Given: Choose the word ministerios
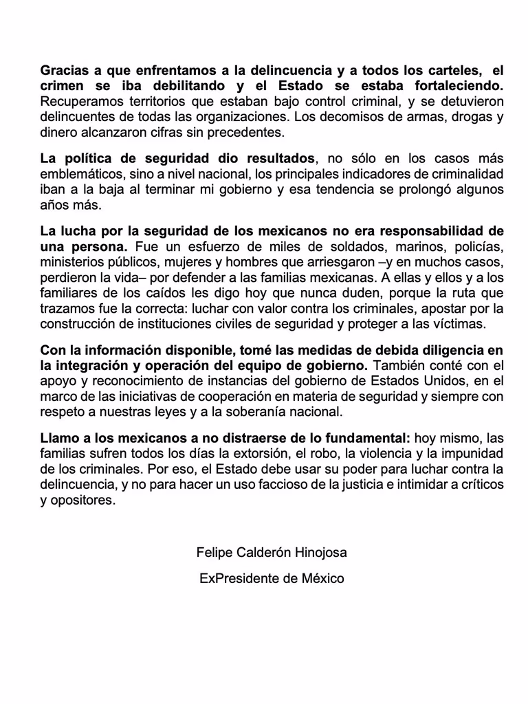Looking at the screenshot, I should pyautogui.click(x=71, y=262).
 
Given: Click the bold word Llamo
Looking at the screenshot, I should pyautogui.click(x=59, y=439).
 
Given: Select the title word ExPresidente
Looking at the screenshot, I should pyautogui.click(x=238, y=578).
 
